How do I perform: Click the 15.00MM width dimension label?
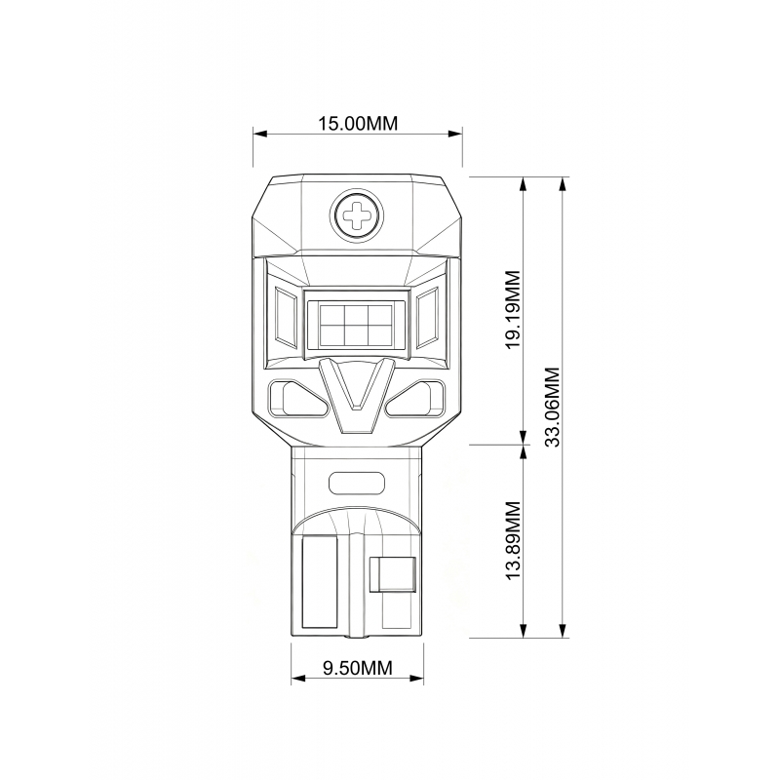click(358, 123)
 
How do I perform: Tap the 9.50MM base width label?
click(357, 668)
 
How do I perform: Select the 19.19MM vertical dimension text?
click(513, 309)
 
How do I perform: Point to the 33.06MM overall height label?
click(552, 407)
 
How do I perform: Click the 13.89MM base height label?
click(513, 540)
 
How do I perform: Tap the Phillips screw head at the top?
click(357, 215)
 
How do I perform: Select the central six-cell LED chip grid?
click(356, 326)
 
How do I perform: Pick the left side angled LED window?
click(286, 318)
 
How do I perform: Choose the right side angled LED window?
click(427, 318)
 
